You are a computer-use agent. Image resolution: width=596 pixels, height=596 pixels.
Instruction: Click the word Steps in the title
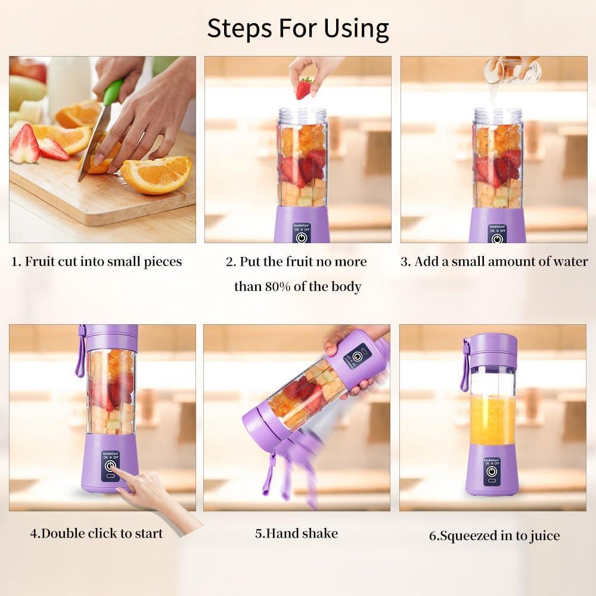(x=236, y=29)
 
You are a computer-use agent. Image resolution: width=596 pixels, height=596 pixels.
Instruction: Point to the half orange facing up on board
(x=156, y=174)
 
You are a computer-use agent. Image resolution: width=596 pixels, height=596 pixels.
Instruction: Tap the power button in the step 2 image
(x=302, y=237)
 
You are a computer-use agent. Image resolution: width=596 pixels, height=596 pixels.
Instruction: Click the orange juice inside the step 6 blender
(x=492, y=420)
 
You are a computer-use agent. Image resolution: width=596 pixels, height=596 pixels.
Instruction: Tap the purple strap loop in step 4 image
(x=80, y=355)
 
